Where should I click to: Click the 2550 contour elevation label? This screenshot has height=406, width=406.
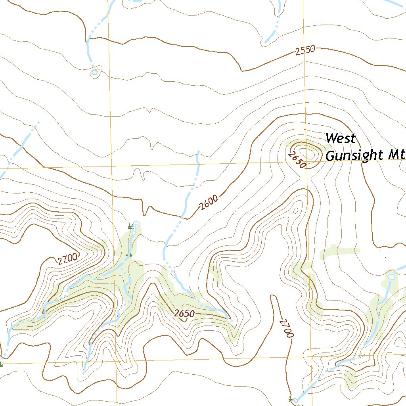click(x=305, y=50)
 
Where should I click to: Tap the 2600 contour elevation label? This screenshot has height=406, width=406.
click(x=209, y=203)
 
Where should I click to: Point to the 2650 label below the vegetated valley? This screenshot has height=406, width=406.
click(x=184, y=314)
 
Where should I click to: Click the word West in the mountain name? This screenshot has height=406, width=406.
click(x=341, y=139)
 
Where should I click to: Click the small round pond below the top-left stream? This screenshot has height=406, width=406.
click(x=94, y=72)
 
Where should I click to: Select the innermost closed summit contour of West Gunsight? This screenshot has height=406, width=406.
click(x=307, y=152)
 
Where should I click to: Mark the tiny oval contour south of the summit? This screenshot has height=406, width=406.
click(x=295, y=210)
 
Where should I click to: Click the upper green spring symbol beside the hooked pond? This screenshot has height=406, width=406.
click(x=130, y=227)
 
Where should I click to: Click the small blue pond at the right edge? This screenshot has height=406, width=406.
click(x=392, y=276)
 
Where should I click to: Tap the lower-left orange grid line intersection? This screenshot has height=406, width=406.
click(x=117, y=362)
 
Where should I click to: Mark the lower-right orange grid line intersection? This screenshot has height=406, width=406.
click(x=311, y=356)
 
